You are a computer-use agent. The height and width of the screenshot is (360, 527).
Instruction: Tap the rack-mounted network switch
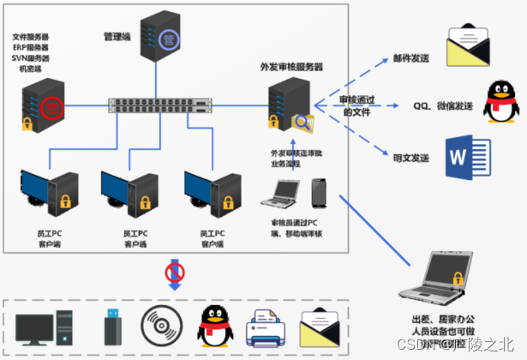(159, 105)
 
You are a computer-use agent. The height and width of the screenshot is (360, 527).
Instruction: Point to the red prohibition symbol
(175, 273)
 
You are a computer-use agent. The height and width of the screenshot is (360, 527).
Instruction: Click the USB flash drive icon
(111, 327)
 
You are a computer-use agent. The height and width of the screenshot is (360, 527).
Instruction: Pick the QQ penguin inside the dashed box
(215, 327)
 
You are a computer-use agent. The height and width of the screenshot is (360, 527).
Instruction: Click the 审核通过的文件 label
(359, 105)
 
